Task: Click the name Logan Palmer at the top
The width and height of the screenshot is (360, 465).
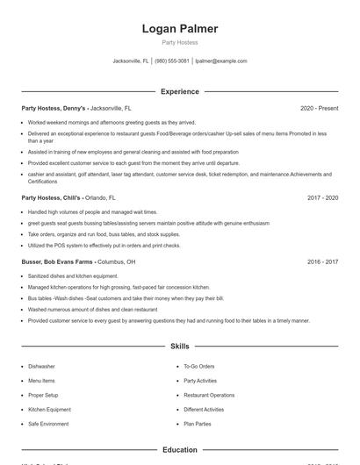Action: (179, 29)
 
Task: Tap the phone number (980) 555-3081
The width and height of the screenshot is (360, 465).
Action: (171, 61)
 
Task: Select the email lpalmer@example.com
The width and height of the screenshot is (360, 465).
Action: (220, 61)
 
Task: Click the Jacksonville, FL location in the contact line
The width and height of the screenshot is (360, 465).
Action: (131, 61)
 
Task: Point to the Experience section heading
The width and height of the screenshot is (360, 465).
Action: (179, 91)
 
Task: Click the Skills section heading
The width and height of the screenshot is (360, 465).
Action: (179, 347)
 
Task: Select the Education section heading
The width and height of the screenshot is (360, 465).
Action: (179, 450)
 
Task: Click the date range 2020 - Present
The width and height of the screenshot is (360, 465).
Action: (319, 108)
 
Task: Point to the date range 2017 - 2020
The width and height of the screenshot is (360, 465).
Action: (322, 198)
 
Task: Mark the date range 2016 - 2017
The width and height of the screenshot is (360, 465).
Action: (322, 261)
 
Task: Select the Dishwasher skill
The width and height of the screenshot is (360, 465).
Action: (41, 367)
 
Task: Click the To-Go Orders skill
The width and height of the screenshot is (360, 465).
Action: (199, 367)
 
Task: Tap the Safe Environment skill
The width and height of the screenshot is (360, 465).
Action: (48, 424)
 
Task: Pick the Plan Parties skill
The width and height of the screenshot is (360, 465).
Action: (197, 424)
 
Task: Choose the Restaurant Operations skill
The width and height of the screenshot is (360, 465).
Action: (209, 396)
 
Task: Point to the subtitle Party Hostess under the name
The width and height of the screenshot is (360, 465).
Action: (179, 42)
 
